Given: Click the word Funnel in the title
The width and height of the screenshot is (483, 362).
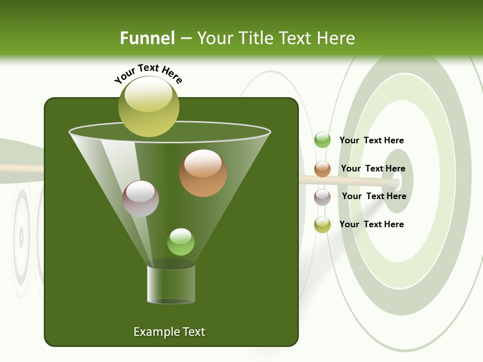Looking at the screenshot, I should pos(147,38).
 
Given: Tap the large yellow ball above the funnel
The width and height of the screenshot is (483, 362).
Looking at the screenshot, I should pos(148,106).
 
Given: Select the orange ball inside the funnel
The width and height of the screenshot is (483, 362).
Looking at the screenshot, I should pos(203,173).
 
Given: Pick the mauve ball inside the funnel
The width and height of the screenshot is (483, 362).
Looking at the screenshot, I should pos(140,199).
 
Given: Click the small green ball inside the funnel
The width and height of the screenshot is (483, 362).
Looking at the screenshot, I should pos(181,242).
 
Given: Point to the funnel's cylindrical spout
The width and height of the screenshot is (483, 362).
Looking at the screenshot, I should pos(171,284).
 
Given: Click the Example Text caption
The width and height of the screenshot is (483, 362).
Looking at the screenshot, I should pos(169,332).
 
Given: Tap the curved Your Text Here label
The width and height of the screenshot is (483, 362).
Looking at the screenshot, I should pos(148,73).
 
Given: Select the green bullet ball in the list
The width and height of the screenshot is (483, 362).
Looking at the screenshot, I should pos(322,140).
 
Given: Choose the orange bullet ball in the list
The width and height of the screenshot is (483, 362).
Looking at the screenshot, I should pos(322,169).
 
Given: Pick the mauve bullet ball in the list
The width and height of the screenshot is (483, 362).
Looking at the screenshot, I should pos(322,197).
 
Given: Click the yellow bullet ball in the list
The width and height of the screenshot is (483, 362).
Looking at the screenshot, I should pos(322,225).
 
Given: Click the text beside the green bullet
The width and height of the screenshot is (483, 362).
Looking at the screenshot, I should pos(371,140).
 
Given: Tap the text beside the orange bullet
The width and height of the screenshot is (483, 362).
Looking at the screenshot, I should pos(373,168).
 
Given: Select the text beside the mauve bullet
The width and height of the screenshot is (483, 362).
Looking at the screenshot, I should pos(374,196).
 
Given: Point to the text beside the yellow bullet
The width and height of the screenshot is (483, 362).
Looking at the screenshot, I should pos(371,224).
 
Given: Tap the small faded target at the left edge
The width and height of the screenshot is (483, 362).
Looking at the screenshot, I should pos(21,236).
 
